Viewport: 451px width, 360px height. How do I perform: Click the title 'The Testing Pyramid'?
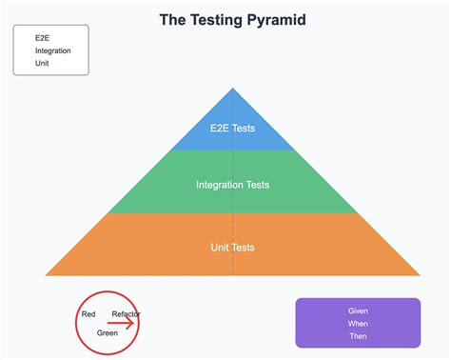tap(232, 19)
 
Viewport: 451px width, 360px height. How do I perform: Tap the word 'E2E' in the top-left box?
tap(42, 38)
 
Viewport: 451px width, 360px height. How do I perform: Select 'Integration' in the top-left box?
tap(52, 50)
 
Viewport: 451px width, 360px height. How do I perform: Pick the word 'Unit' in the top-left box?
tap(42, 63)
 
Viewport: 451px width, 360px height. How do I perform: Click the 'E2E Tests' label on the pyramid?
tap(232, 128)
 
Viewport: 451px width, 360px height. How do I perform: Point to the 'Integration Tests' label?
tap(232, 185)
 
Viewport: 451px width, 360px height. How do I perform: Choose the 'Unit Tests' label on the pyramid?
tap(232, 248)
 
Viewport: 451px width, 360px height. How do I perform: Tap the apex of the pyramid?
tap(232, 89)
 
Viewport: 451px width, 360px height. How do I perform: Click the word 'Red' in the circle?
tap(88, 313)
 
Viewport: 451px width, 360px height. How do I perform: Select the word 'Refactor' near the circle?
tap(126, 313)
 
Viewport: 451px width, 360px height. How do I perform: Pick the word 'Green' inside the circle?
tap(108, 332)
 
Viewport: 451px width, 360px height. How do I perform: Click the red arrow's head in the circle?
tap(132, 323)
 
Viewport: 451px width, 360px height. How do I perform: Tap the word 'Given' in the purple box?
tap(358, 310)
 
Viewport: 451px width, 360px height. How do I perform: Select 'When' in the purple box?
tap(358, 323)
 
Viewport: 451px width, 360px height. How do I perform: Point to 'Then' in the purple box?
tap(358, 335)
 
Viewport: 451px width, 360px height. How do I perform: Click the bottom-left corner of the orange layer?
tap(46, 275)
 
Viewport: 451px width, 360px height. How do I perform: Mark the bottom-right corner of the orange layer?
tap(420, 275)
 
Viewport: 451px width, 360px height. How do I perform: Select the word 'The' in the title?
tap(173, 19)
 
